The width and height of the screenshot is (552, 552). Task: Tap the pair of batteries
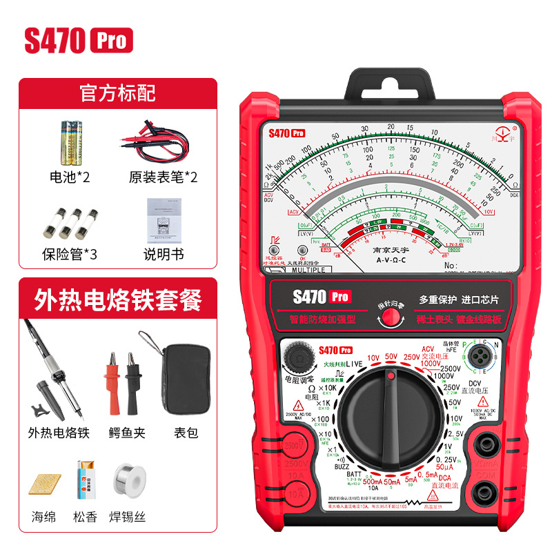[72, 140]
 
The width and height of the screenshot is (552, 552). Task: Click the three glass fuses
[71, 221]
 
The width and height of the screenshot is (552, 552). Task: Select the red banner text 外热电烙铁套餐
[118, 299]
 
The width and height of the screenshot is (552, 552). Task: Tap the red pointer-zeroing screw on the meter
[391, 317]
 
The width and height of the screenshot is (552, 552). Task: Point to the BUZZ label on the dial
[341, 466]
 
